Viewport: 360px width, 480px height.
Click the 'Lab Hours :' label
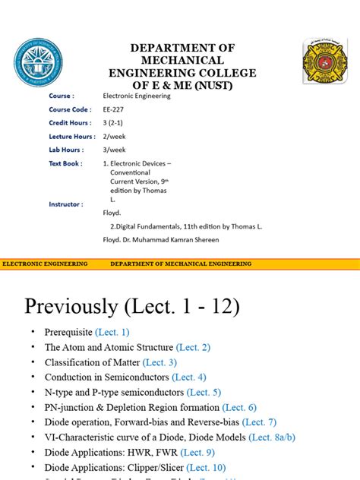66,150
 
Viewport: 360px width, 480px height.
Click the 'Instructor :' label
67,204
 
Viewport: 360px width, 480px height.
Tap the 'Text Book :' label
66,163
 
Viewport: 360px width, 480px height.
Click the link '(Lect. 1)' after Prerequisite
112,333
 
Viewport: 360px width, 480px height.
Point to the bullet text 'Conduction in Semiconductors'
106,377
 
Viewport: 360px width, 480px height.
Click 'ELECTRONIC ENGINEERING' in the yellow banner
46,264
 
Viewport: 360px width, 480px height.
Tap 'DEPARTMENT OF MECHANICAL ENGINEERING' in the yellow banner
181,264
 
